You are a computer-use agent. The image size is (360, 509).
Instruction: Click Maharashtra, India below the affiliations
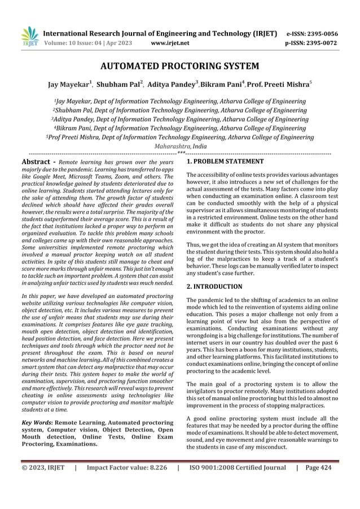[179, 146]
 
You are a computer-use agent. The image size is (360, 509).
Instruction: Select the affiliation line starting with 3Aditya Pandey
[179, 120]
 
